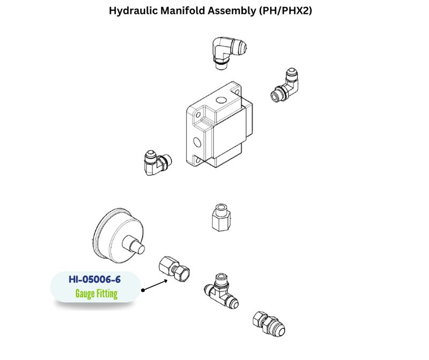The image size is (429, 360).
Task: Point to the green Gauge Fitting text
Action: tap(96, 293)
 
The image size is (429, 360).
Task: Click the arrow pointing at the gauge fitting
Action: tap(159, 284)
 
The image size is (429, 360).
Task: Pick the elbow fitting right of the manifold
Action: tap(284, 86)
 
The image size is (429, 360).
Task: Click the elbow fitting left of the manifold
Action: tap(156, 161)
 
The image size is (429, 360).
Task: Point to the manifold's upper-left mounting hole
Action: tap(198, 115)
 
